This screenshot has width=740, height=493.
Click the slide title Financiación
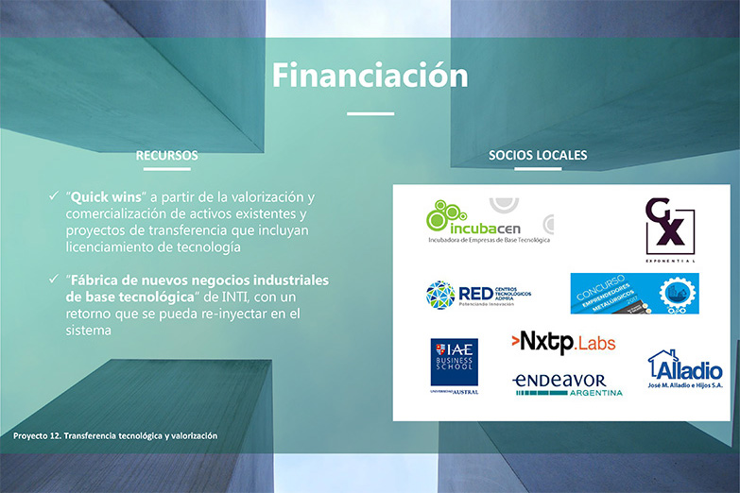[x=370, y=75]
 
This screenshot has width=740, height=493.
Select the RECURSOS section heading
[x=166, y=155]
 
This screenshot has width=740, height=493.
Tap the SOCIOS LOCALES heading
[x=538, y=155]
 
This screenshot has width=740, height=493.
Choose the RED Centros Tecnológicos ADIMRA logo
[x=478, y=295]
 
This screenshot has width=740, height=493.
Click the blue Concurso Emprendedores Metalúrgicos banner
[x=634, y=294]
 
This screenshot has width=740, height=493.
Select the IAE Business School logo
[x=454, y=365]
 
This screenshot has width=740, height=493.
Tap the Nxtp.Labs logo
[x=563, y=342]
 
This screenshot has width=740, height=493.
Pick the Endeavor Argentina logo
[x=567, y=383]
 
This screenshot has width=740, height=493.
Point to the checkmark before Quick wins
[x=53, y=195]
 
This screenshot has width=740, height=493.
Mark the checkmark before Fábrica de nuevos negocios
[x=53, y=280]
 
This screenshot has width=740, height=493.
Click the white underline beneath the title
[x=370, y=113]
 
